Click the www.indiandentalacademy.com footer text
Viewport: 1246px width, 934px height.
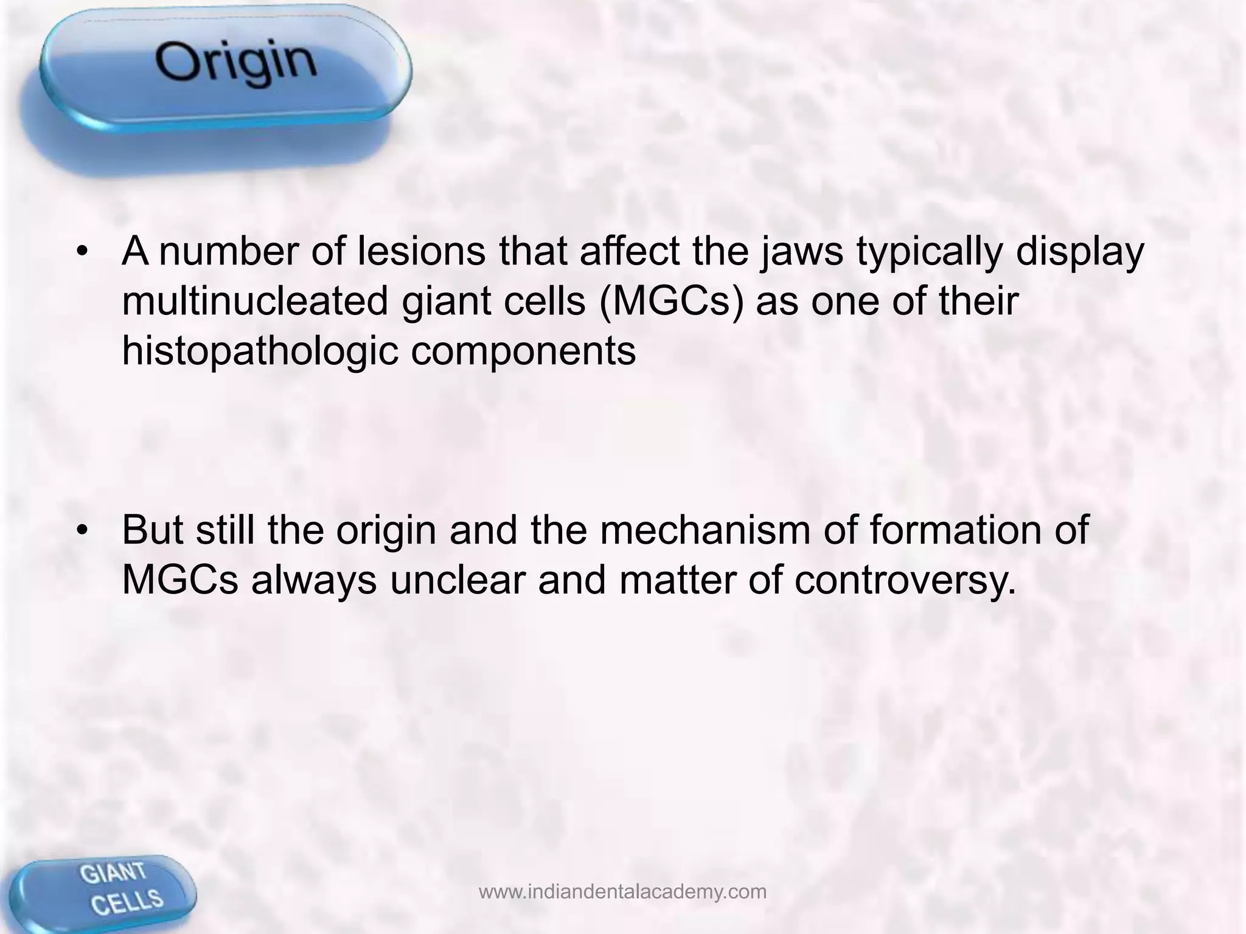[x=622, y=891]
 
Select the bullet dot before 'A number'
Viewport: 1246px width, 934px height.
[x=83, y=252]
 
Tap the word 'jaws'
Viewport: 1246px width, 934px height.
[x=802, y=252]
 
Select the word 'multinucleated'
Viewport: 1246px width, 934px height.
[x=254, y=301]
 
